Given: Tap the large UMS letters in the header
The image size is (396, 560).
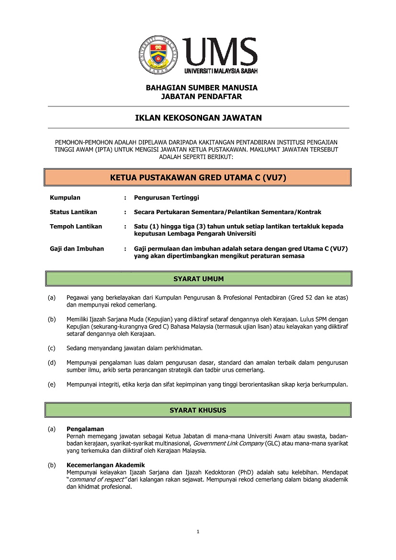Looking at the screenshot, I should point(221,51).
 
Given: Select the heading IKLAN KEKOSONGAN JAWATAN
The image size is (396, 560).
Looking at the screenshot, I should point(198,118).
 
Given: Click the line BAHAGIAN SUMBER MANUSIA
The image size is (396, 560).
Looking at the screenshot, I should point(202,88).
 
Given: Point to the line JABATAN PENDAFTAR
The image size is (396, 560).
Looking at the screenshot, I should point(202,96).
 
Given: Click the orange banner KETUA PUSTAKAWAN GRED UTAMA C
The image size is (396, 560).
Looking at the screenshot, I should point(198,177).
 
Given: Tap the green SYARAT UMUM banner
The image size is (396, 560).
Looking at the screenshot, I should point(198,279).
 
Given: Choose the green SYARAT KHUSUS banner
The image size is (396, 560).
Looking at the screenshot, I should point(198,411).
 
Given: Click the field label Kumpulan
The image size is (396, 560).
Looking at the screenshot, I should point(65,198).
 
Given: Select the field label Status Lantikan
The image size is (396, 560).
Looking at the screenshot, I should point(73,212).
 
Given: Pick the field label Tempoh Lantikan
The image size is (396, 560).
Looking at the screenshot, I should point(76,227).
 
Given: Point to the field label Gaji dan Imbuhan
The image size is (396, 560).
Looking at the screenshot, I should point(77,249).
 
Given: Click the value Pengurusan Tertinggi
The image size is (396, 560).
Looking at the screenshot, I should point(166,198).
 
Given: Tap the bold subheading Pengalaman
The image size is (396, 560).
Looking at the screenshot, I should point(85,429).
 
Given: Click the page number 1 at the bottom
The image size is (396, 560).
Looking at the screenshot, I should point(198,531).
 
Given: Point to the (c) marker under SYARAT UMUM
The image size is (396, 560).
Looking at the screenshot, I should point(52,348).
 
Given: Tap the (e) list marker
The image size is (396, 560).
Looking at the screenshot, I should point(52,384).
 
